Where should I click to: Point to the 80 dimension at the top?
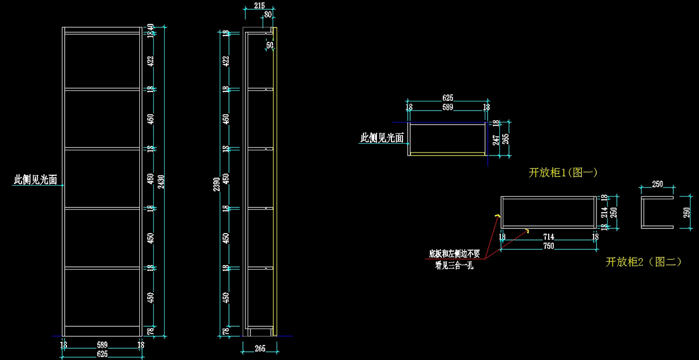[267, 15]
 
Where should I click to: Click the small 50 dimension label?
[270, 45]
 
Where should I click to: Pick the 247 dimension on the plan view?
[496, 140]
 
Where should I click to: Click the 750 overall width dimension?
[548, 246]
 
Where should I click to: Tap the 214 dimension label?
[603, 213]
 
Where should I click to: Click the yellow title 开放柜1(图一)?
[563, 172]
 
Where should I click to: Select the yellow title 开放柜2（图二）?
[644, 262]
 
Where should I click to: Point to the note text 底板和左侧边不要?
[454, 254]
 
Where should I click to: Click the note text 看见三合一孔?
[454, 266]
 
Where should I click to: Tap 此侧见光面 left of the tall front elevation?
[36, 181]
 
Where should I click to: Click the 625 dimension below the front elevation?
[102, 354]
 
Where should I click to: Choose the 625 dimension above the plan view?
[447, 98]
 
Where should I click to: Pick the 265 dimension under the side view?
[260, 348]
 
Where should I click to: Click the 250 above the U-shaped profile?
[657, 184]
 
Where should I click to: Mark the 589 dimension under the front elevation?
[102, 345]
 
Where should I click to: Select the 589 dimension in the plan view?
[447, 107]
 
